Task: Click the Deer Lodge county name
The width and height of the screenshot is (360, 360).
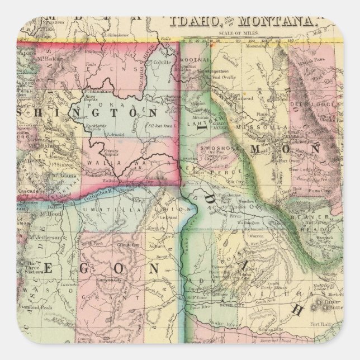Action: (305, 103)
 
